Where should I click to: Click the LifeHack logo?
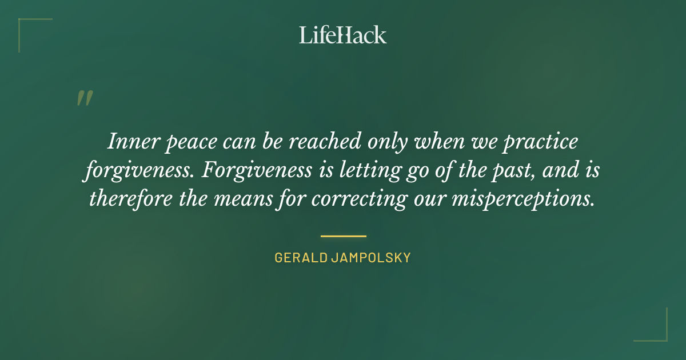[x=343, y=35]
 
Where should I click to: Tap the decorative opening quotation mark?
[x=84, y=98]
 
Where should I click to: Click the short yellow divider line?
[x=343, y=235]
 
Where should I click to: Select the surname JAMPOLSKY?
[x=371, y=258]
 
